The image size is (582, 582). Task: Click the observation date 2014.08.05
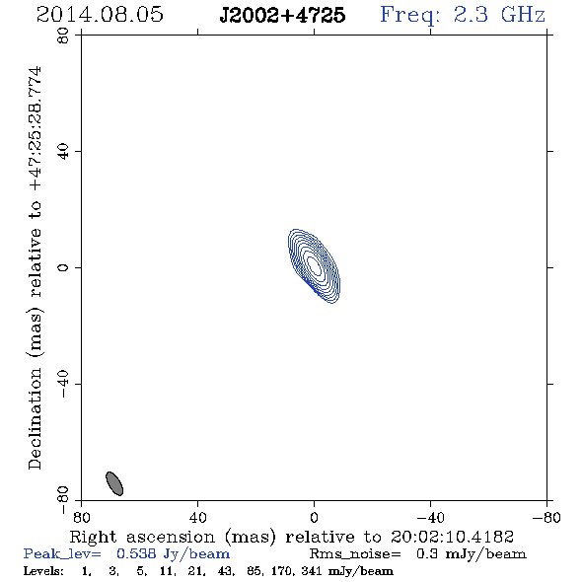tap(100, 15)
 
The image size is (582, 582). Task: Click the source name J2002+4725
tap(282, 15)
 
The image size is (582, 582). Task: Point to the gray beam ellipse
tap(114, 483)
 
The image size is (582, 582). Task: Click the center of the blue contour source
tap(315, 266)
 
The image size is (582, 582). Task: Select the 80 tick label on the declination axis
tap(63, 36)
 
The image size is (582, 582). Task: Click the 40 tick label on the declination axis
tap(63, 152)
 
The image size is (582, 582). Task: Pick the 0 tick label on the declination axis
tap(63, 267)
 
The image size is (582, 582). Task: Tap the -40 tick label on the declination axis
tap(63, 384)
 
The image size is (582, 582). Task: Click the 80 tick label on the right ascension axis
tap(81, 517)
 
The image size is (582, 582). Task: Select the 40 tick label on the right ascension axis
tap(197, 517)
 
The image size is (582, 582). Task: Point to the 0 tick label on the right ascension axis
tap(314, 517)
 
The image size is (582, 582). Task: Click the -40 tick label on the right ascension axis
tap(430, 517)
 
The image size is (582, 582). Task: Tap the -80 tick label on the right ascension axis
tap(546, 517)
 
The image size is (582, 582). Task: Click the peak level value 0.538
tap(136, 553)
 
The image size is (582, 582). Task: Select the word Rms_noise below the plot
tap(355, 553)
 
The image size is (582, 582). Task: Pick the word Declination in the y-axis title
tap(35, 418)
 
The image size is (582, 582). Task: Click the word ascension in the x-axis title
tap(171, 537)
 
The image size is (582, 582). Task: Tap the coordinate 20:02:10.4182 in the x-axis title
tap(452, 537)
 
